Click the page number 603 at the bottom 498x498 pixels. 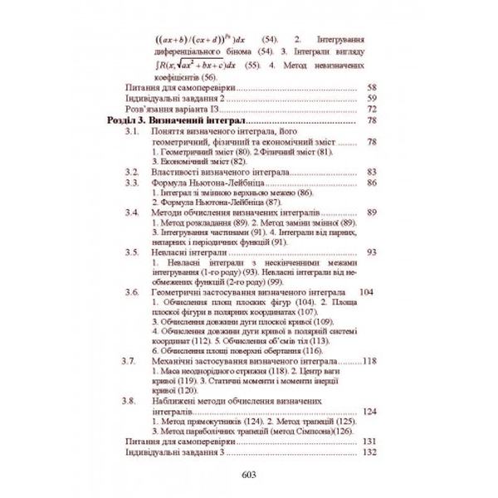[250, 475]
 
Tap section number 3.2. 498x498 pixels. [130, 172]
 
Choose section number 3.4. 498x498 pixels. [130, 212]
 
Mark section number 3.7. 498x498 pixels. [130, 362]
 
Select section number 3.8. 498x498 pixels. [130, 402]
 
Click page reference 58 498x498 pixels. [371, 86]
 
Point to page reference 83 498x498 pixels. [371, 172]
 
